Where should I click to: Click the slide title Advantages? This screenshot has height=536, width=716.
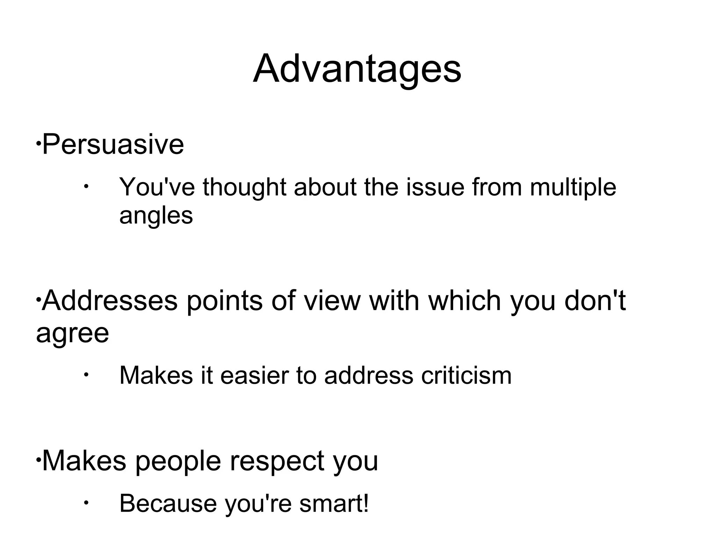(357, 69)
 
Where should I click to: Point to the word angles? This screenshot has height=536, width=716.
(156, 216)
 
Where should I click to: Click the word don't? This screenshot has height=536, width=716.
(595, 301)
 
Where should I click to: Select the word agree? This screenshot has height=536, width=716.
(72, 334)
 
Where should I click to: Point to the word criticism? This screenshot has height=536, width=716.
(466, 376)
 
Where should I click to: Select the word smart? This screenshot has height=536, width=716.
(334, 503)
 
